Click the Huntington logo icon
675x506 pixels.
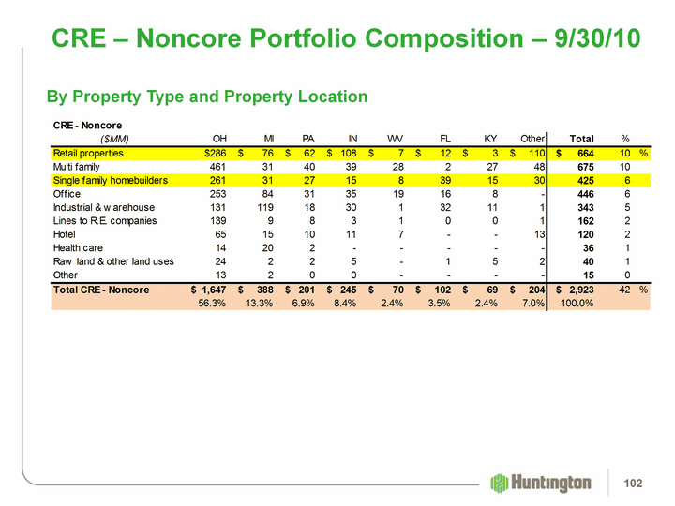[500, 483]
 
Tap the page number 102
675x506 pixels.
[638, 483]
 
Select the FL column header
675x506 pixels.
[445, 137]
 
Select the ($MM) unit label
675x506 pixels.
[85, 137]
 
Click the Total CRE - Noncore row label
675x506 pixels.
[101, 290]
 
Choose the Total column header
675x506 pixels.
[581, 137]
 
